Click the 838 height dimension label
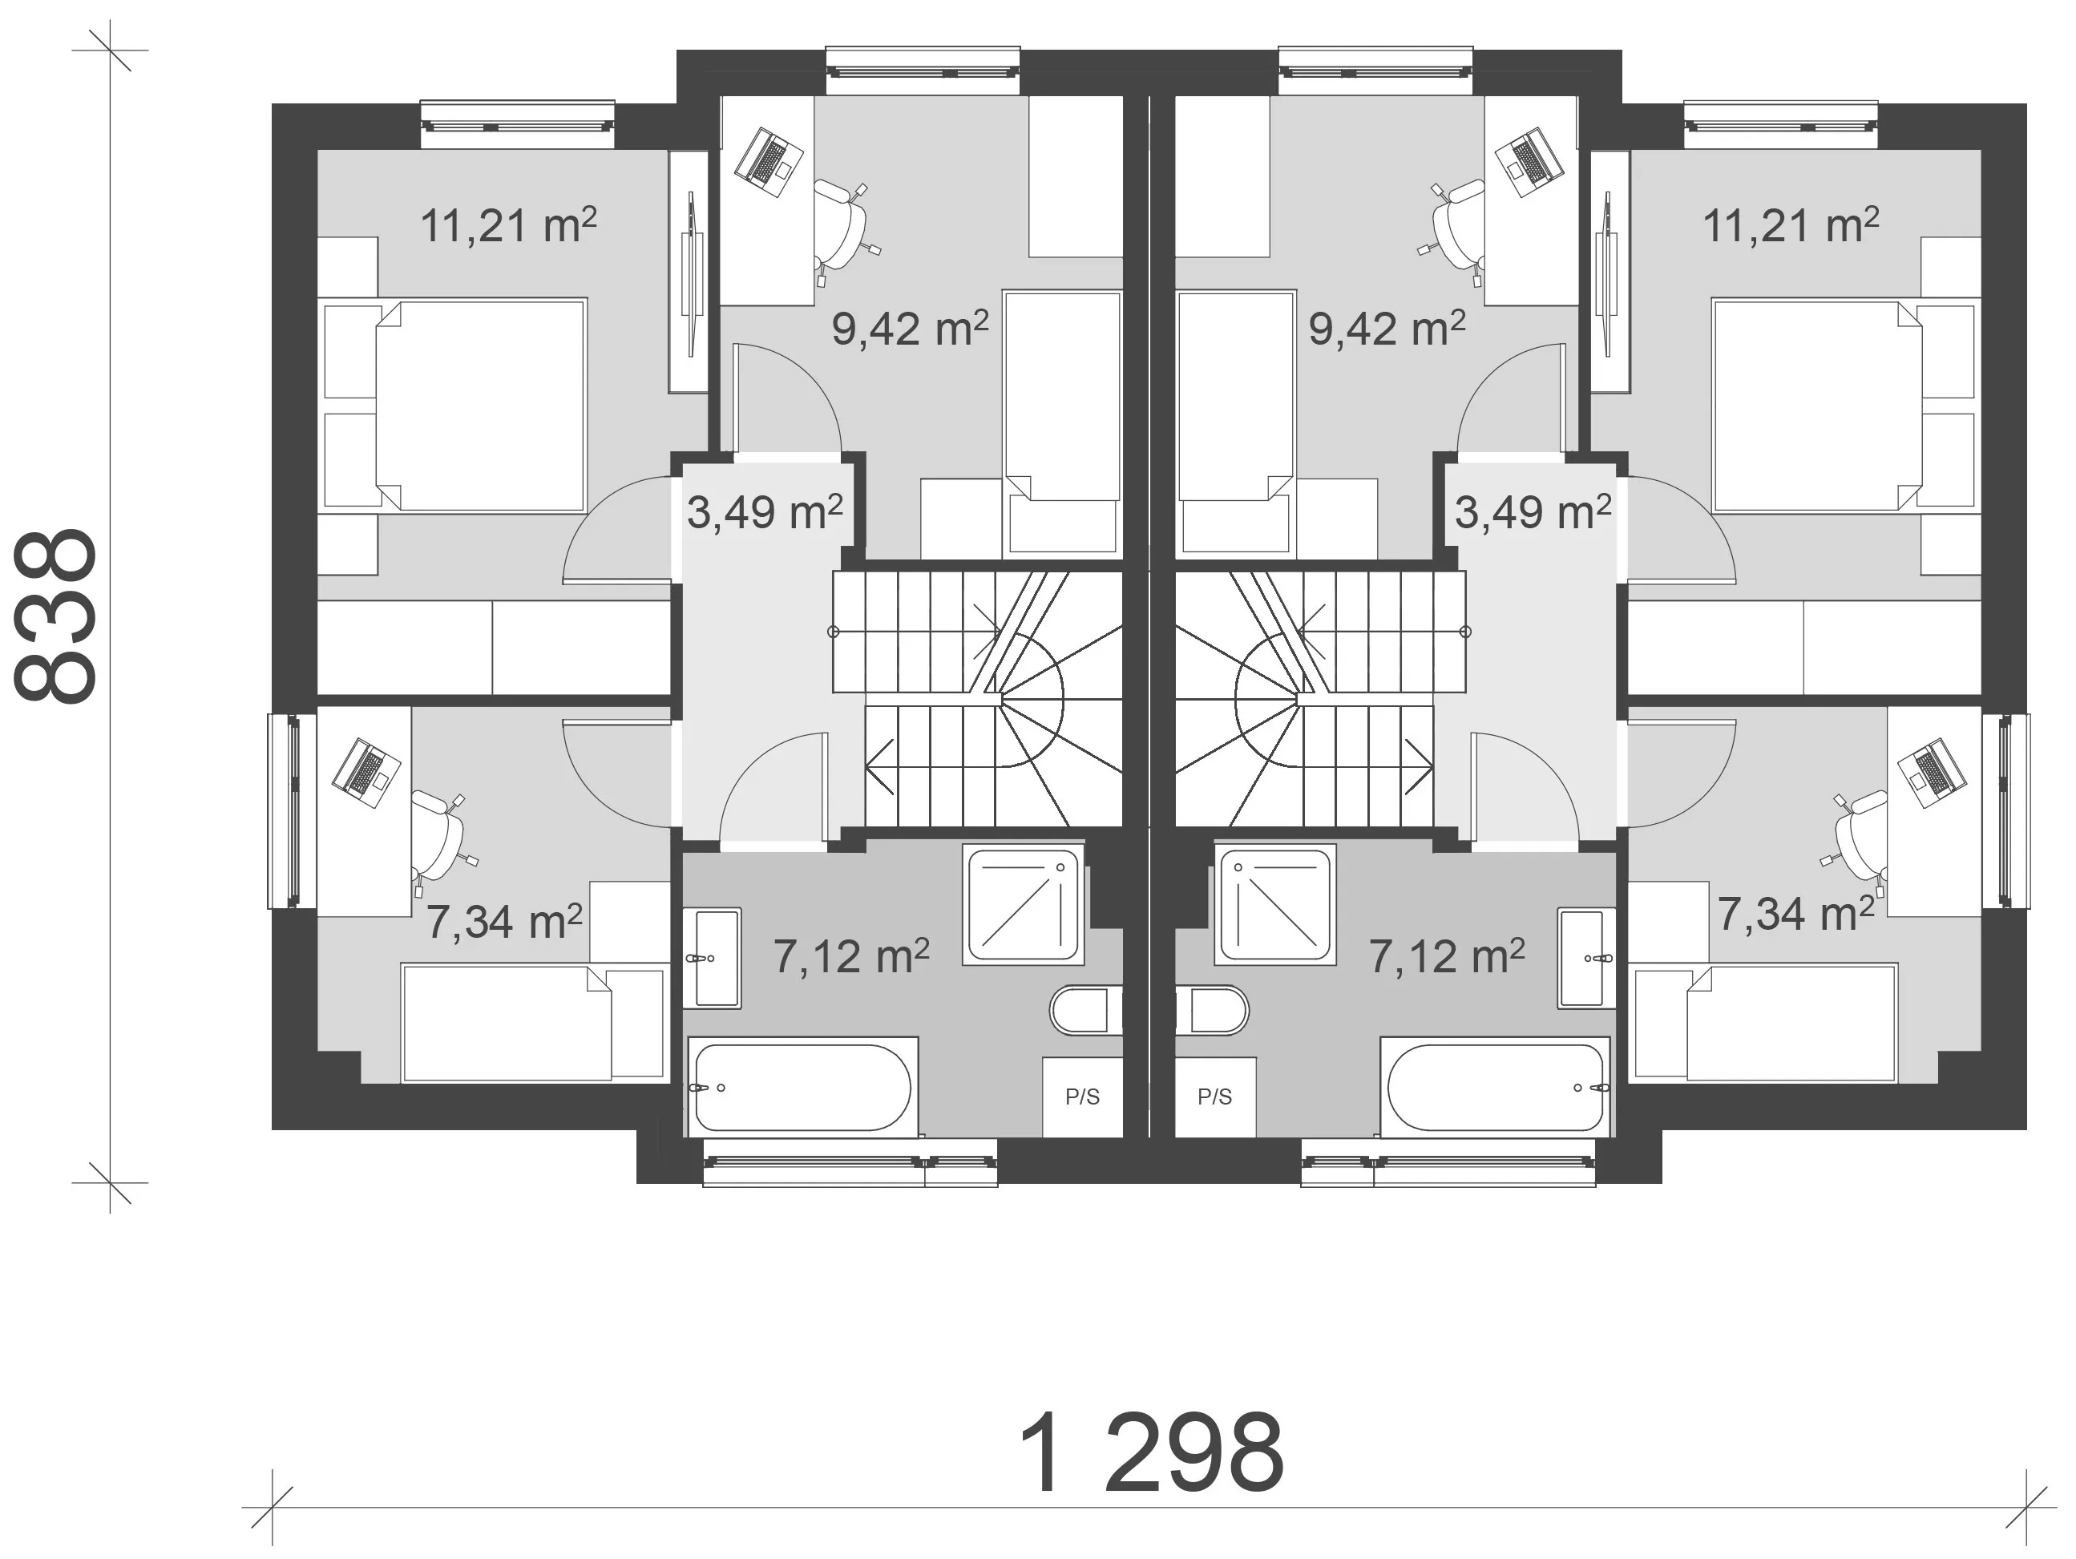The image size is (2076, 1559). (x=56, y=616)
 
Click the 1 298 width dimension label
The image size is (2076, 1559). (x=1151, y=1453)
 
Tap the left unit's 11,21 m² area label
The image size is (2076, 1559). (x=507, y=226)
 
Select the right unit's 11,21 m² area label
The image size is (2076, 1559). (x=1791, y=226)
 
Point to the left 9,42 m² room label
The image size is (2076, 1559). (x=910, y=329)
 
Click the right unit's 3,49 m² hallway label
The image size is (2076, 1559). (x=1533, y=512)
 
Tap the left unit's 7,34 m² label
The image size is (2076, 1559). (x=504, y=922)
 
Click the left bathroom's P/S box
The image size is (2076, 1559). (x=1082, y=1097)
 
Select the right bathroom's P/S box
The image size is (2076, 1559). (x=1215, y=1097)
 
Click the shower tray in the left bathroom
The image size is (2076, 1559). (x=1023, y=906)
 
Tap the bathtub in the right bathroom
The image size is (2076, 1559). (x=1495, y=1088)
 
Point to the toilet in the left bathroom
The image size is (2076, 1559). (x=1086, y=1010)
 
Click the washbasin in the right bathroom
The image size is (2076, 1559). (x=1586, y=959)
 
